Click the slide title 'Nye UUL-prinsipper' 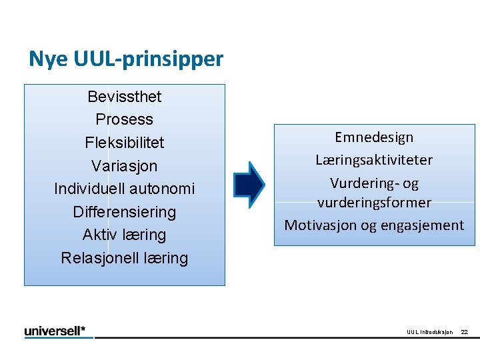point(126,59)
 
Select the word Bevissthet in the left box point(125,97)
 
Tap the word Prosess point(125,119)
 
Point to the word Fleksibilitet point(125,143)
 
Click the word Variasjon point(125,165)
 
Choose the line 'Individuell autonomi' point(125,189)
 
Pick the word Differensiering point(125,212)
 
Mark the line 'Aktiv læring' point(125,235)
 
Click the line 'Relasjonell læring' point(125,258)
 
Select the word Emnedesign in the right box point(374,137)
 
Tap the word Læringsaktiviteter point(374,160)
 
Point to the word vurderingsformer point(374,202)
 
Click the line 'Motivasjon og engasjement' point(374,225)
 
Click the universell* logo point(59,331)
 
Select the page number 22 point(465,332)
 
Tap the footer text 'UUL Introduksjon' point(429,332)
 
